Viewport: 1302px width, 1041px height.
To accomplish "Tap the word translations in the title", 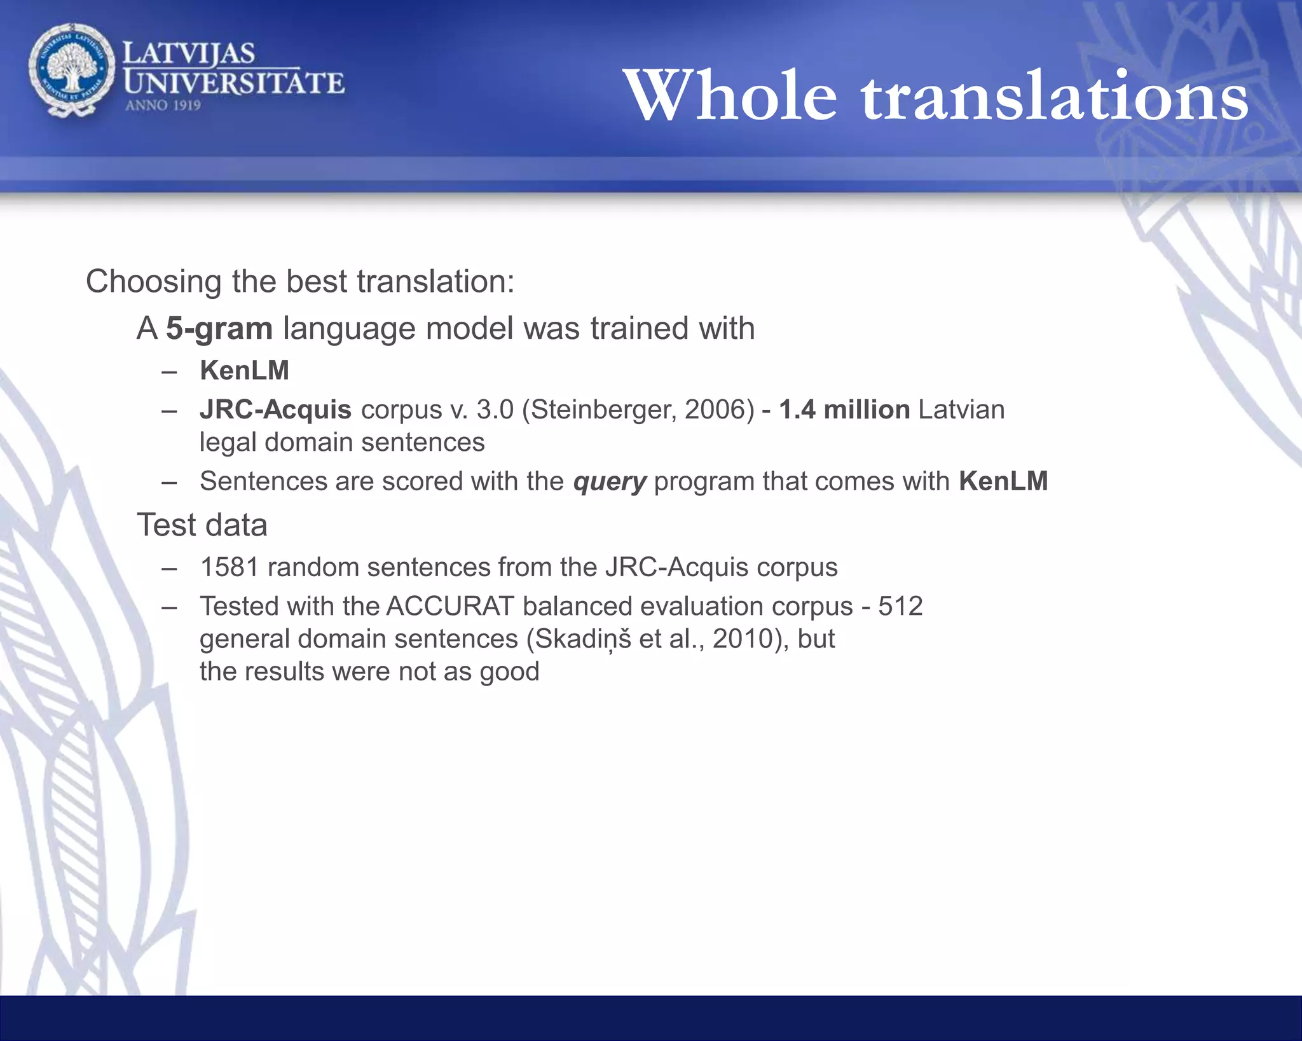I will coord(1055,95).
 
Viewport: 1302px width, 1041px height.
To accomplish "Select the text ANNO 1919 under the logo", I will coord(163,106).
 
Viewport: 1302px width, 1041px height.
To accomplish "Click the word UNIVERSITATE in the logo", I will coord(234,83).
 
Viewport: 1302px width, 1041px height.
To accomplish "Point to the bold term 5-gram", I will coord(219,329).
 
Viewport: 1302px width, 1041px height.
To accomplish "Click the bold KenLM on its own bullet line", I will coord(245,371).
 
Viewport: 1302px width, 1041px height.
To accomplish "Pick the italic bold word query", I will coord(609,482).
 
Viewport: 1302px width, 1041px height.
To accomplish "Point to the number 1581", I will coord(230,567).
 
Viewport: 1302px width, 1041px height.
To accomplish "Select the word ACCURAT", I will coord(449,607).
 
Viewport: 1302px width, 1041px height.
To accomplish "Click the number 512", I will coord(900,607).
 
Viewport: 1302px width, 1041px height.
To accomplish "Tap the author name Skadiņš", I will coord(583,639).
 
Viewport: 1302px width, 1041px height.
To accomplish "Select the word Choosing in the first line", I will coord(153,282).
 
